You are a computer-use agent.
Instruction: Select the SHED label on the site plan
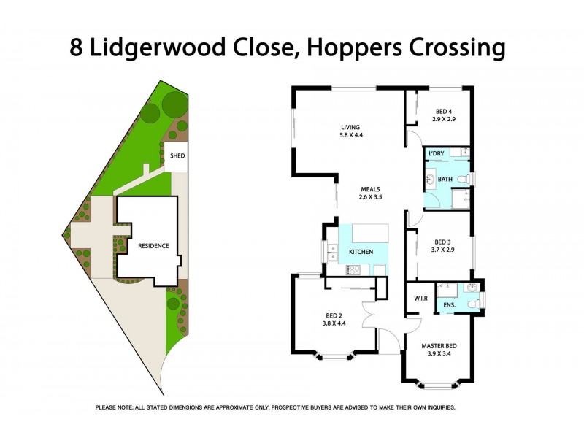click(x=177, y=156)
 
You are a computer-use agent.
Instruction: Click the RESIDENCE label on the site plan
click(x=153, y=246)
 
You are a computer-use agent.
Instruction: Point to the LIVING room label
click(x=350, y=127)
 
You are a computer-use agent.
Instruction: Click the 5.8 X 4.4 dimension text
click(x=350, y=135)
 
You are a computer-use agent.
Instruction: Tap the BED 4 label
click(x=444, y=110)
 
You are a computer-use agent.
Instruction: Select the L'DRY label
click(x=437, y=153)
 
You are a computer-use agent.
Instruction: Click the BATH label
click(x=446, y=179)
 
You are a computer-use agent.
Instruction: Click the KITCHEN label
click(x=361, y=252)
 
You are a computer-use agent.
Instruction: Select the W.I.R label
click(x=420, y=298)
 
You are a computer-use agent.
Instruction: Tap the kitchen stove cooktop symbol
click(x=355, y=269)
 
